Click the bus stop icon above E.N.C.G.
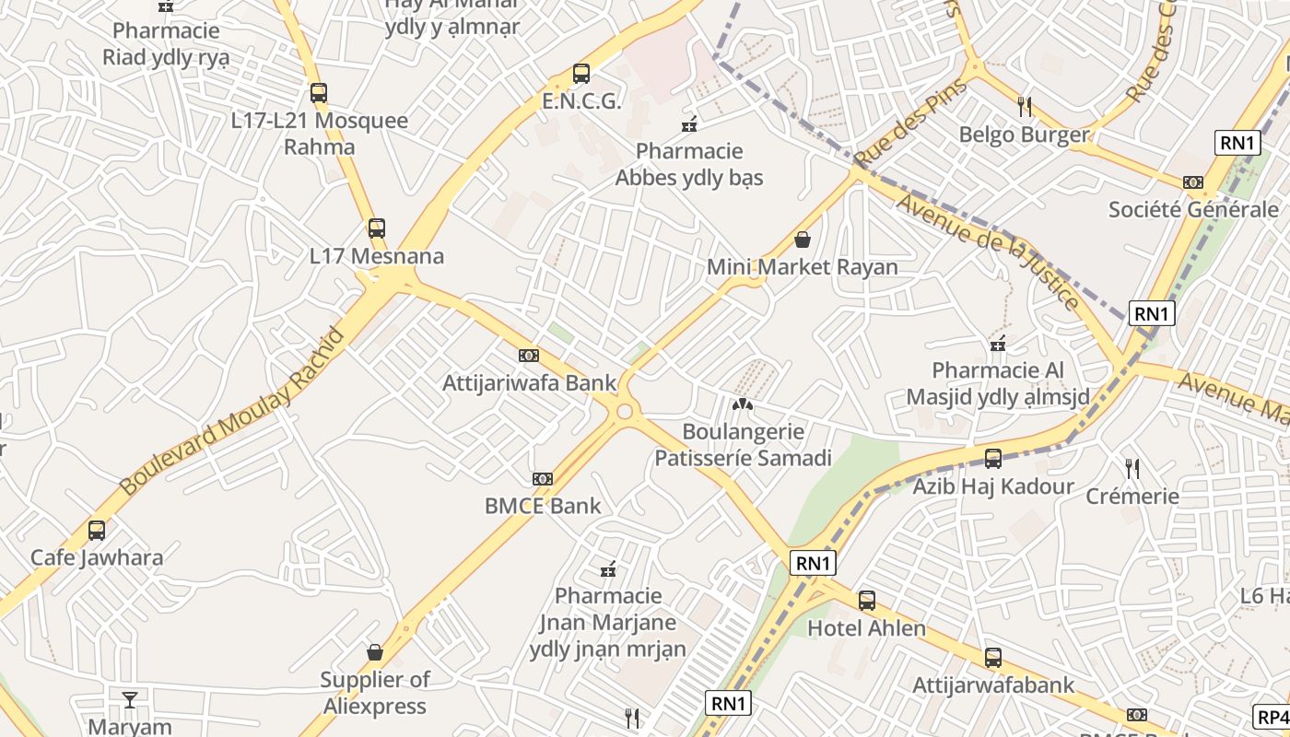pos(580,74)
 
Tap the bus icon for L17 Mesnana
pos(376,228)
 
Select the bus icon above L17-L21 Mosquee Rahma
pos(318,93)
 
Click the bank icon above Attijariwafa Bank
pos(528,356)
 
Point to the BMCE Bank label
pos(543,506)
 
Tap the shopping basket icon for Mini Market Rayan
pos(803,240)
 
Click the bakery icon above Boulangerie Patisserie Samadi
pos(743,404)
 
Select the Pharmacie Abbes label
pos(689,164)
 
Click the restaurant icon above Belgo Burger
pos(1025,107)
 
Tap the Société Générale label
pos(1193,209)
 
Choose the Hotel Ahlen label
pos(866,628)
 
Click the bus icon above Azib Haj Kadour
pos(993,459)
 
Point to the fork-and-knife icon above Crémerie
pos(1132,469)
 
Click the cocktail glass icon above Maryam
pos(130,699)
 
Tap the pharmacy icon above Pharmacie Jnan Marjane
pos(608,569)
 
